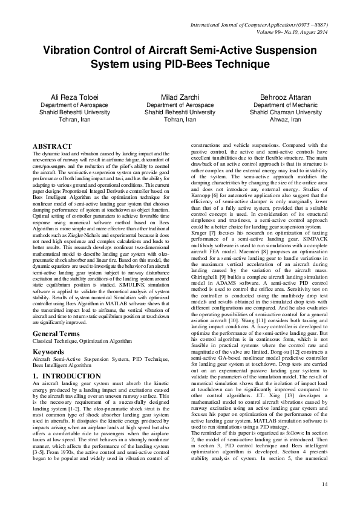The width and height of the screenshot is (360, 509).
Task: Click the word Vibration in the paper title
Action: tap(66, 49)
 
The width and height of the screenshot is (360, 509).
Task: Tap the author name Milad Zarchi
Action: tap(180, 97)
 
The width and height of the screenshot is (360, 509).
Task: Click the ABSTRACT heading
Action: tap(52, 147)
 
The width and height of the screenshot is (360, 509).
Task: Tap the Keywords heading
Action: tap(48, 351)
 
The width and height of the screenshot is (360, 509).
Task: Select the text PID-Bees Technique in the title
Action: tap(225, 63)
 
